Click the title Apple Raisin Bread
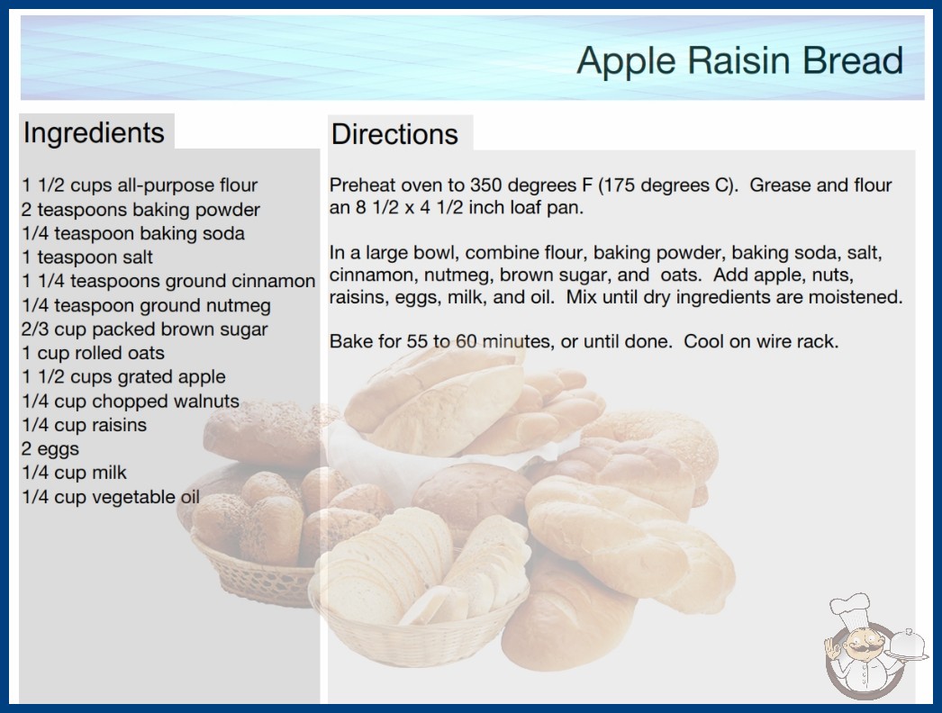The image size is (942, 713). click(x=739, y=60)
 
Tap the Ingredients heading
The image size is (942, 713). click(x=94, y=132)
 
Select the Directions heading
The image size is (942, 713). click(x=394, y=134)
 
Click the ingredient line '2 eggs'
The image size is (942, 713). click(x=50, y=448)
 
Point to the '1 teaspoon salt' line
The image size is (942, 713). click(x=87, y=257)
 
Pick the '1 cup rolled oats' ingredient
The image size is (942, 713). click(x=93, y=353)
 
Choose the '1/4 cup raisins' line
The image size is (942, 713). click(x=84, y=425)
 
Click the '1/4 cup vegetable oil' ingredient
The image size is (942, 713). click(x=111, y=497)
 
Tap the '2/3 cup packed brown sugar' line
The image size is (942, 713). click(x=145, y=329)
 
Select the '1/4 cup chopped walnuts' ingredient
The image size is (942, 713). click(x=131, y=401)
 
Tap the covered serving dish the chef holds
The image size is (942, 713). click(x=907, y=645)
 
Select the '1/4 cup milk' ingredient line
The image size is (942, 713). click(x=75, y=473)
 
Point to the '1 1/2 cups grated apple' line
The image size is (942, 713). click(x=123, y=376)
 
